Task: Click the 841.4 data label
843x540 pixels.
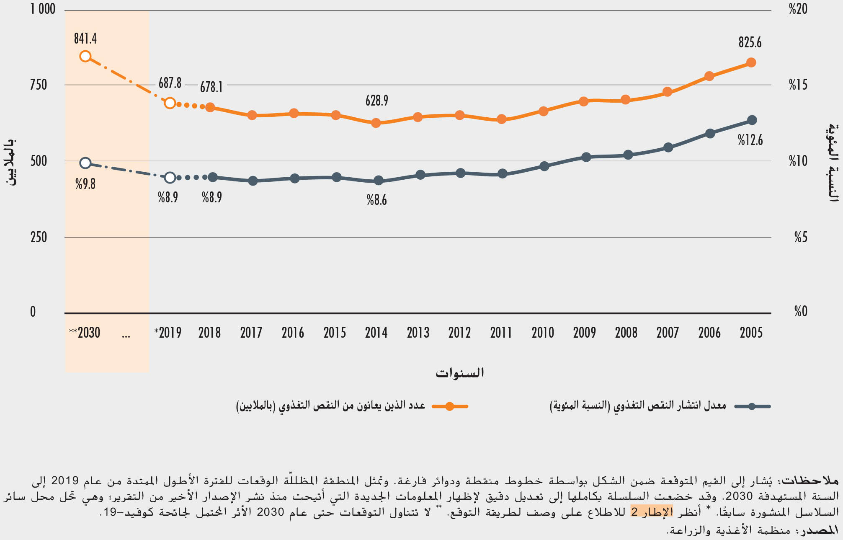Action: [x=85, y=39]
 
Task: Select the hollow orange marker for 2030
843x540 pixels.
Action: [x=85, y=56]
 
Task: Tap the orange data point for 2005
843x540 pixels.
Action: [x=751, y=62]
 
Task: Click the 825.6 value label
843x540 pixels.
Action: [x=750, y=42]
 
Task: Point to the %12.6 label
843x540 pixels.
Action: [x=750, y=140]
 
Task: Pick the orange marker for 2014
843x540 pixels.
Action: [x=376, y=123]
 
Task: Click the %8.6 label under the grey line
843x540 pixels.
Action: [x=376, y=200]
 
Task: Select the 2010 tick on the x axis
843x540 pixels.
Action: [x=543, y=333]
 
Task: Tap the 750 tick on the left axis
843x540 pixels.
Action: [x=39, y=85]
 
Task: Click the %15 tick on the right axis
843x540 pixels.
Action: [x=798, y=85]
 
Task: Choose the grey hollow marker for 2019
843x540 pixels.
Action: [x=170, y=178]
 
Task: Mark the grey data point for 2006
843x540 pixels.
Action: [x=710, y=134]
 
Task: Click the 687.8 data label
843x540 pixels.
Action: [x=170, y=83]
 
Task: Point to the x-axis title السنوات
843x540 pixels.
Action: [x=459, y=372]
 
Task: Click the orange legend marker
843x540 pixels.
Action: [x=450, y=406]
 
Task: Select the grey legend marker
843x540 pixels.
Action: [x=752, y=406]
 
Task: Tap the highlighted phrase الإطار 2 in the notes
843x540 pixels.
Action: [x=652, y=512]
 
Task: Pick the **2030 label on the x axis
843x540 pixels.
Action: [x=85, y=333]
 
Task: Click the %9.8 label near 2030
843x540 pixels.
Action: [x=85, y=183]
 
